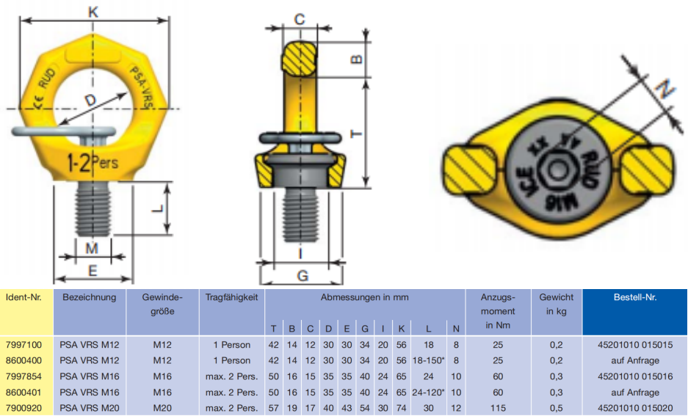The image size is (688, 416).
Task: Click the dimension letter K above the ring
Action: [93, 12]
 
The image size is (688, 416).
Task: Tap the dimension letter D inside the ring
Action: [90, 101]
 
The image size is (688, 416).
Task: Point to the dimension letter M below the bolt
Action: [92, 249]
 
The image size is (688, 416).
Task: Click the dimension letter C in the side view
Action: [300, 19]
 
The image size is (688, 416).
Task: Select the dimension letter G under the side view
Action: [303, 276]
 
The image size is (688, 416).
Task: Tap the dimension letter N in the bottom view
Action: [665, 89]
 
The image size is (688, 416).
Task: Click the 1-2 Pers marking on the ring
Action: [93, 163]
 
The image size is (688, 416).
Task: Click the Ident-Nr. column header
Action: [23, 297]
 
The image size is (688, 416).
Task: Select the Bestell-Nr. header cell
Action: [635, 297]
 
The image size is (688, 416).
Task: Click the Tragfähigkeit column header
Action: [232, 297]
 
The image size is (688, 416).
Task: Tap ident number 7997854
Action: [23, 376]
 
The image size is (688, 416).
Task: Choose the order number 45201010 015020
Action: [635, 408]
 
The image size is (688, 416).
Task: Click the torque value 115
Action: [498, 408]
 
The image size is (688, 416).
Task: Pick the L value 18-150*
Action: [428, 360]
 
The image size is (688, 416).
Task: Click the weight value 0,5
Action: [557, 408]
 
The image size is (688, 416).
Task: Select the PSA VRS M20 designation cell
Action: [90, 408]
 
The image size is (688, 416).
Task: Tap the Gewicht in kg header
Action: [557, 304]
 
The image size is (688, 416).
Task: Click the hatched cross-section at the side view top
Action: [300, 59]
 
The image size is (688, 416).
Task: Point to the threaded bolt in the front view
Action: [92, 208]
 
